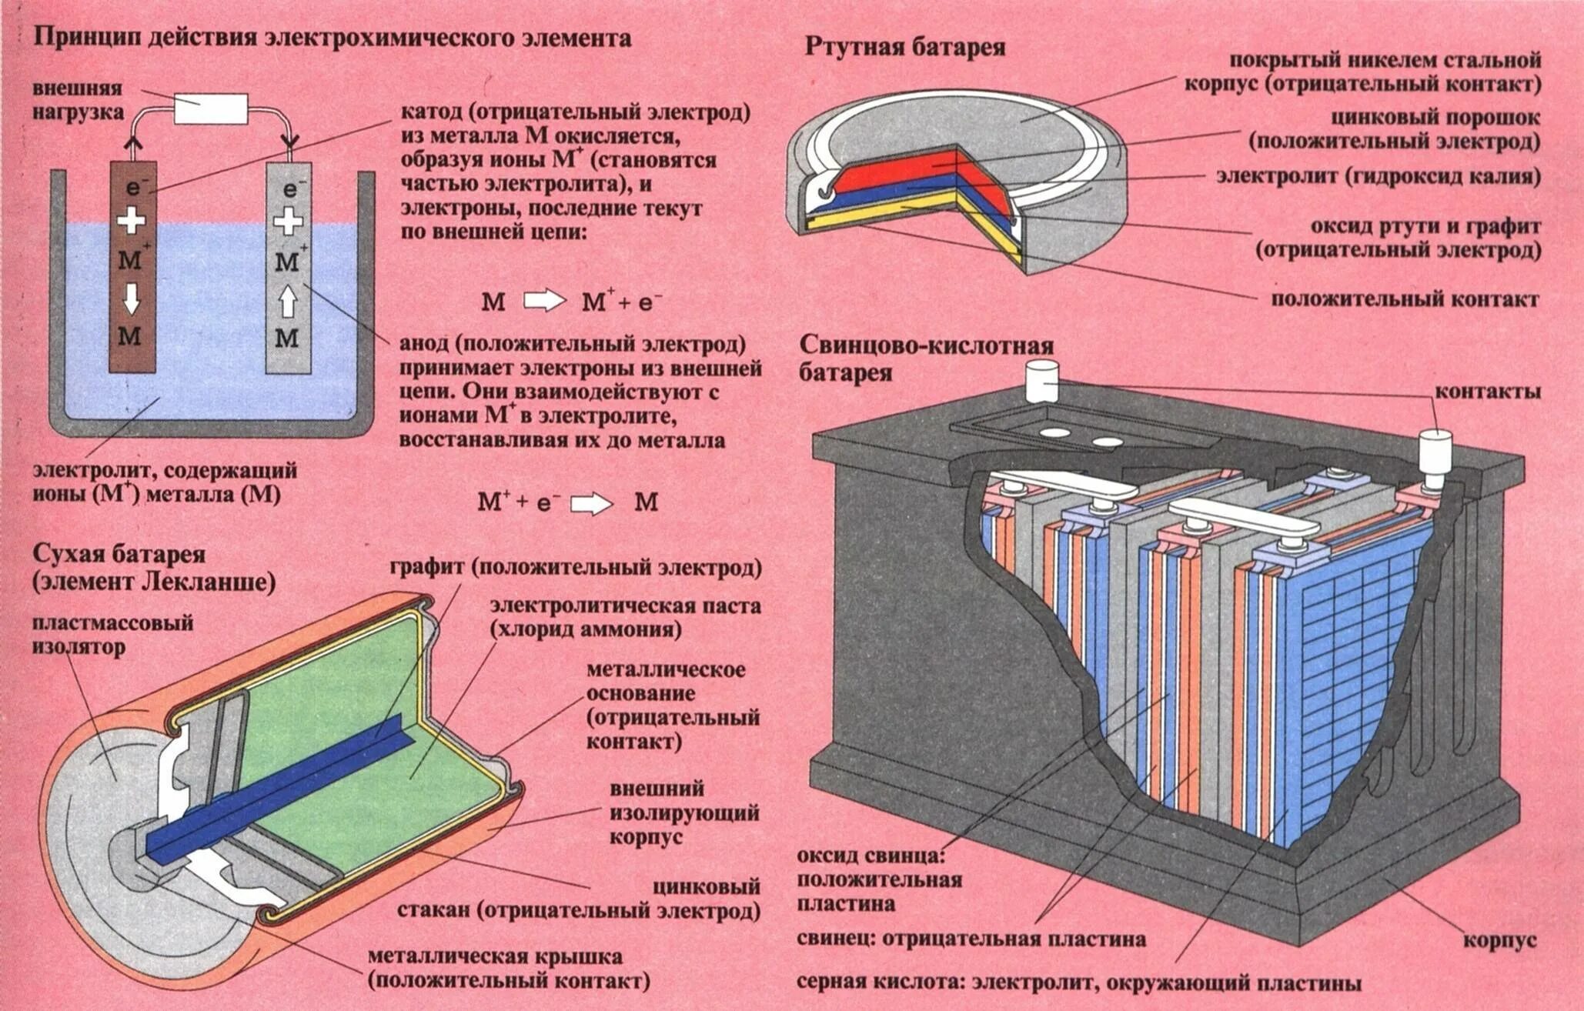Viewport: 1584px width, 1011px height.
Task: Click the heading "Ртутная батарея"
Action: pos(905,48)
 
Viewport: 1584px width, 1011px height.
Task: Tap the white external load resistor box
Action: pos(211,108)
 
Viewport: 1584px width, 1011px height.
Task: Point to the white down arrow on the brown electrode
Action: pos(132,298)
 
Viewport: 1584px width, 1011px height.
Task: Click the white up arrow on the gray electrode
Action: pos(288,301)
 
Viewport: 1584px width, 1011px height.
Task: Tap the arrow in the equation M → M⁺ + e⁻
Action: pos(543,302)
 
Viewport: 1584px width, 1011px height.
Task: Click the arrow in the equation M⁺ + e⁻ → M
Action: pos(590,504)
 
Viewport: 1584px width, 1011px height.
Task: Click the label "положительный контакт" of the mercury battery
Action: pos(1405,299)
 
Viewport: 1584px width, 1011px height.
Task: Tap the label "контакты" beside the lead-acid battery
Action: pos(1487,392)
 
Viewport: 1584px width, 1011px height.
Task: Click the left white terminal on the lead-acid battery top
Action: pos(1039,381)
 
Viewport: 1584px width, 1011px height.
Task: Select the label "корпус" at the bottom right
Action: pos(1499,939)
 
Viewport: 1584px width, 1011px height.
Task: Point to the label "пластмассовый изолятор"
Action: pos(112,635)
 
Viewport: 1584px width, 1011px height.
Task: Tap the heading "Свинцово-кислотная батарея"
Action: pos(926,359)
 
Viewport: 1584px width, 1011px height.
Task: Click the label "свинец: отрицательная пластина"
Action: pos(971,939)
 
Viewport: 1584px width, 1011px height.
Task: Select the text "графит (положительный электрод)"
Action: pos(576,569)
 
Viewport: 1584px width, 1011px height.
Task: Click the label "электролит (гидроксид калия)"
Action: pos(1378,176)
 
